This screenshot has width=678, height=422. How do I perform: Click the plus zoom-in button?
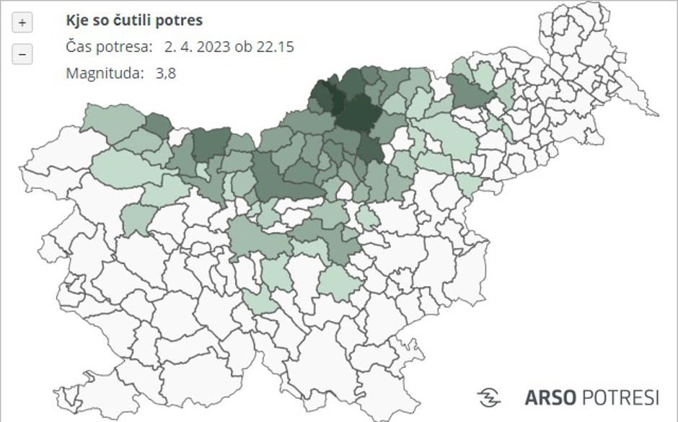tap(22, 23)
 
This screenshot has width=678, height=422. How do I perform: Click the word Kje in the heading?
tap(77, 20)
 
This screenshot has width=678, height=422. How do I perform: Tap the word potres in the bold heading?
tap(180, 20)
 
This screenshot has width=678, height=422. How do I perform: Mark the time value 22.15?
tap(275, 47)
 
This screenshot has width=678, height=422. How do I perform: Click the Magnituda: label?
tap(105, 73)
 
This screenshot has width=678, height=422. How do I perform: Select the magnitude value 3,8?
tap(165, 73)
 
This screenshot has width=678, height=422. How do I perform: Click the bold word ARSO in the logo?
tap(550, 397)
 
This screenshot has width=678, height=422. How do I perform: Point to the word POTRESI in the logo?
tap(620, 397)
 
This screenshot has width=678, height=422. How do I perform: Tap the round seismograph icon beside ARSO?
tap(489, 397)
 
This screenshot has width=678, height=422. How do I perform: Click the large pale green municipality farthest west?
tap(123, 168)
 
